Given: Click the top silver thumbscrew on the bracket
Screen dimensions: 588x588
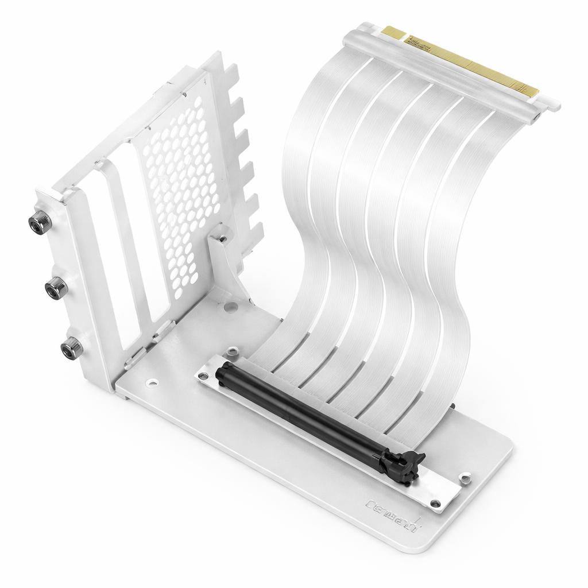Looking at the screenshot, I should [x=40, y=221].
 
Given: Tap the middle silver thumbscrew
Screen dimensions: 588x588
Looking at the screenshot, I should [x=56, y=287].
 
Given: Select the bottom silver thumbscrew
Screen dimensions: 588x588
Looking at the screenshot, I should [x=71, y=348].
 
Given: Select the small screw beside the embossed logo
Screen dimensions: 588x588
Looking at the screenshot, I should [x=435, y=504].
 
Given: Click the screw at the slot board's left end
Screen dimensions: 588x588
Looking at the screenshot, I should [x=203, y=376].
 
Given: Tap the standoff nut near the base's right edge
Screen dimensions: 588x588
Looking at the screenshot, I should [x=465, y=477].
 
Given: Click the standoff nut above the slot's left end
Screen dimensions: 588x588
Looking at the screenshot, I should [x=232, y=351].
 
